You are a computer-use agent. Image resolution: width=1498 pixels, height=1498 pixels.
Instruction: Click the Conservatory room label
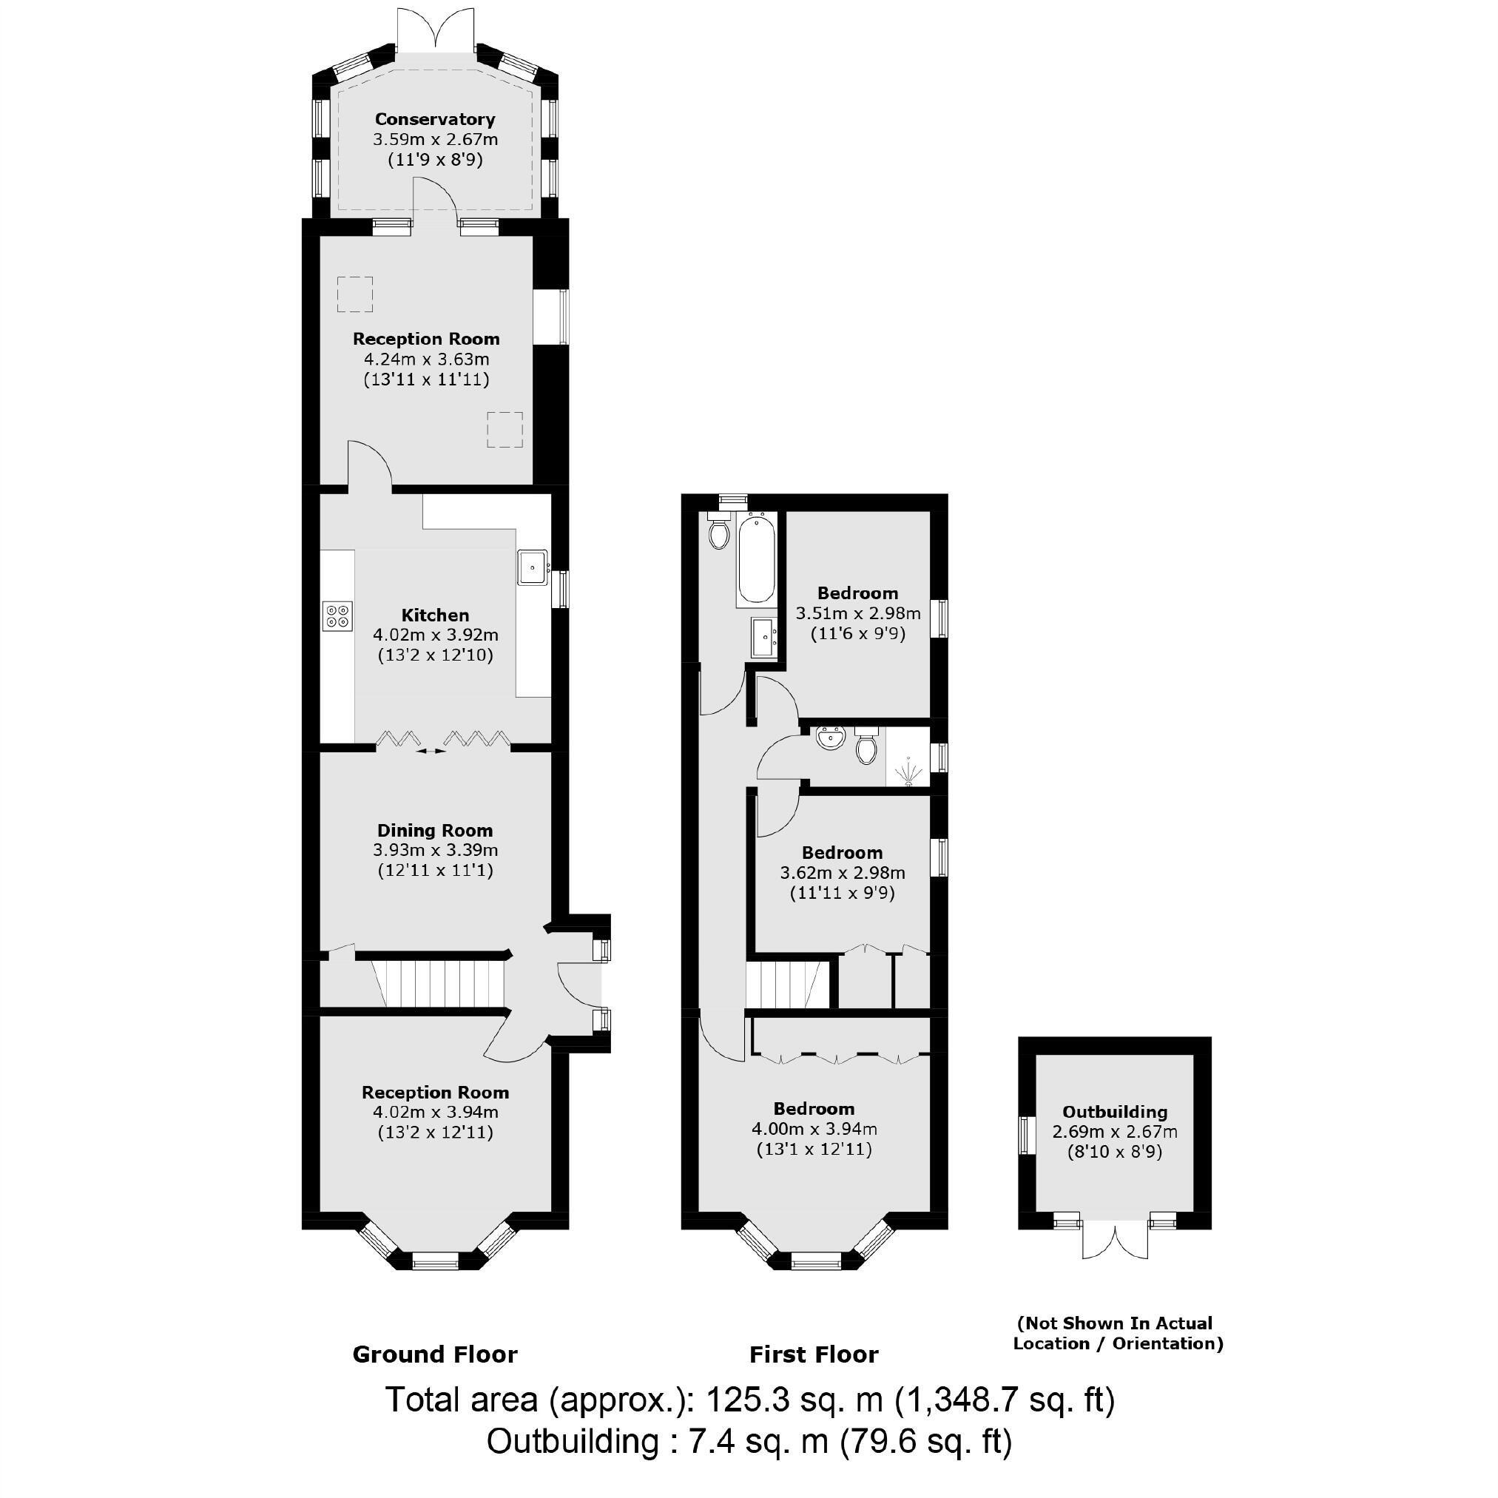coord(434,119)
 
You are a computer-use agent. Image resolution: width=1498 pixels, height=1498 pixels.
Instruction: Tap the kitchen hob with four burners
coord(337,616)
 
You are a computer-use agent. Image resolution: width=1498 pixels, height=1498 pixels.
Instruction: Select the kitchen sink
coord(533,567)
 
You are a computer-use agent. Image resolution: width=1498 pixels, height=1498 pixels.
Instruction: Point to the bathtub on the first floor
coord(755,559)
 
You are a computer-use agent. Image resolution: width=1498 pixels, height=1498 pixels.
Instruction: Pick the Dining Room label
coord(434,831)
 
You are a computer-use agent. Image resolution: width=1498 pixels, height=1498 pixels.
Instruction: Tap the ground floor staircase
coord(438,984)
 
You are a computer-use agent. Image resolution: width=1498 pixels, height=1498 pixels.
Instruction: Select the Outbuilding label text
coord(1114,1112)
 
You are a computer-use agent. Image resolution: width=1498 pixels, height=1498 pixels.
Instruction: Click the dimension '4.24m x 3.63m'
coord(426,359)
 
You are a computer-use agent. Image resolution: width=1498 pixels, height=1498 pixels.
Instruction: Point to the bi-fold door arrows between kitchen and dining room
coord(432,751)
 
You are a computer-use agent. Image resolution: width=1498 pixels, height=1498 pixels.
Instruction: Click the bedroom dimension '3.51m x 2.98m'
coord(857,613)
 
